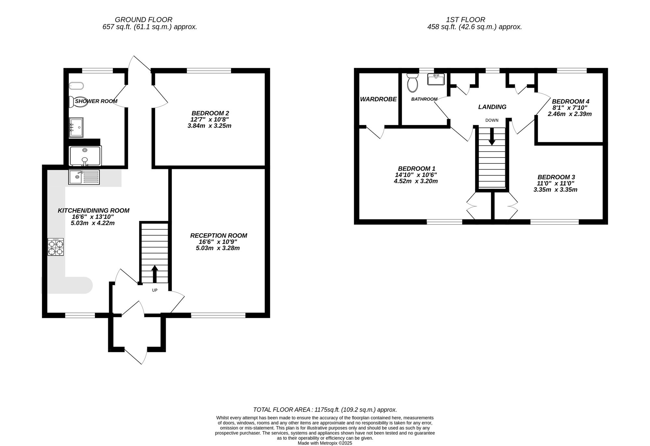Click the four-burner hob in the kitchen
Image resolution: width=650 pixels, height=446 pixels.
[56, 247]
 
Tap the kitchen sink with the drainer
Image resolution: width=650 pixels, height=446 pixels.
[84, 177]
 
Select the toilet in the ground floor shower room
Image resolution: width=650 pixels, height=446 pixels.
[72, 102]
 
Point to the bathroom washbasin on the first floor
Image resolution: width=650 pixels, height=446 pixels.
[436, 79]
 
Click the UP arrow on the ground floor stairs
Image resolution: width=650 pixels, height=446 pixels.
[155, 274]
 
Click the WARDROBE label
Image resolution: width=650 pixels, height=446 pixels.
[378, 99]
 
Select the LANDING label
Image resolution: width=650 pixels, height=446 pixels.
[492, 107]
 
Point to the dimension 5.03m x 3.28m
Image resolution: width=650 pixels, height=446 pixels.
[218, 248]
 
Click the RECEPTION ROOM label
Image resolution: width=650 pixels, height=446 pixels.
[218, 236]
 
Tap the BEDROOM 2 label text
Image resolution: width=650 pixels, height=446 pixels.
[210, 113]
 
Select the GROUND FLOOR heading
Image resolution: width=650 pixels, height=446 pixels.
[143, 20]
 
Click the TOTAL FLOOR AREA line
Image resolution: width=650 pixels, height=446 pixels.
[325, 410]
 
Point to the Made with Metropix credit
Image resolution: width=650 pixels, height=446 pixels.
[325, 443]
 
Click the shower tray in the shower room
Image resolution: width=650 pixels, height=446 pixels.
[85, 156]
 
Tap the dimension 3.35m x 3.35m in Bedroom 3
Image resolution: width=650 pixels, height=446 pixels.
[555, 190]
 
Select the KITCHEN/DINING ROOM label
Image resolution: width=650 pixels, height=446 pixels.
[93, 210]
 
